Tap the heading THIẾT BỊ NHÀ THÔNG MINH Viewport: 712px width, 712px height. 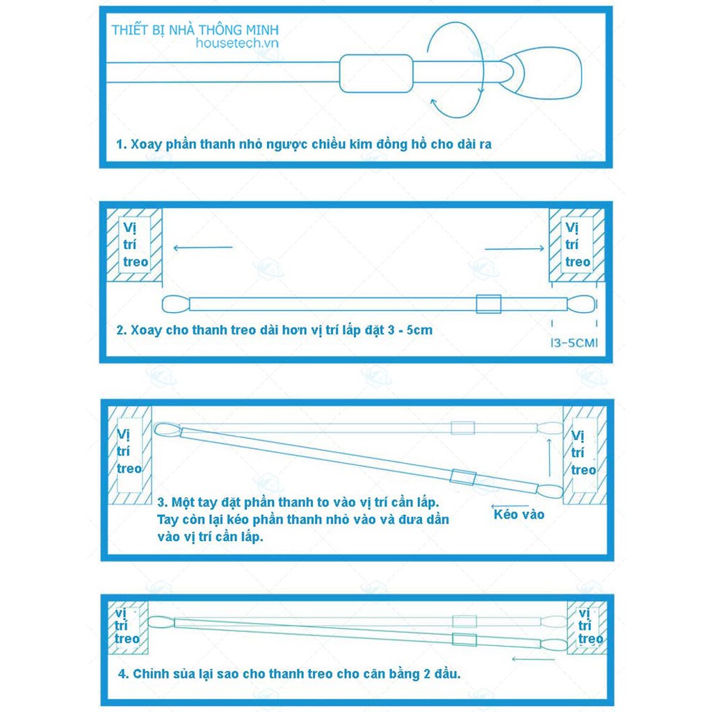[x=195, y=31]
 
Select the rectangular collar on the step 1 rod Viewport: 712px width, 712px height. [x=376, y=73]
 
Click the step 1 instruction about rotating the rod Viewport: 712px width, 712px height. [x=304, y=145]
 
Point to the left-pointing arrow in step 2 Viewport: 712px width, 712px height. [x=202, y=247]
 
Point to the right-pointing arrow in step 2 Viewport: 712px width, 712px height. [x=515, y=248]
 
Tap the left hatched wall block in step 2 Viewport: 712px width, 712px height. [x=134, y=245]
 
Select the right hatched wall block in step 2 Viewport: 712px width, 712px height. [x=576, y=245]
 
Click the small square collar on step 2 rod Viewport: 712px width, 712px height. [x=488, y=304]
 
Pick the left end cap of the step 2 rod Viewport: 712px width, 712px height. [x=176, y=304]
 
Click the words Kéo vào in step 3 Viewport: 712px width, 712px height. [x=519, y=515]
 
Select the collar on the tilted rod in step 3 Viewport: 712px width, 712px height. [x=461, y=476]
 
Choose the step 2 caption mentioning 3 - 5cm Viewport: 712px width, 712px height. [x=274, y=330]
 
